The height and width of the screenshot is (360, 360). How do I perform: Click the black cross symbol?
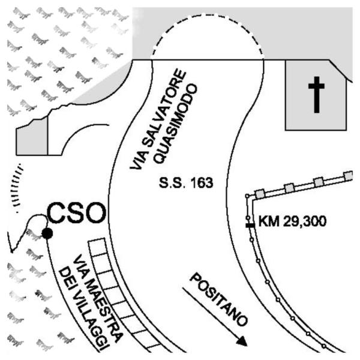[x=316, y=97]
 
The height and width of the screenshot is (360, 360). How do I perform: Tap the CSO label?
[x=76, y=212]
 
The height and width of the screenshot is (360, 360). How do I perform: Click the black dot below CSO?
[x=46, y=233]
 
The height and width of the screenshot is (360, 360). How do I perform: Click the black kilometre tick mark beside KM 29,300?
[x=250, y=224]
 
